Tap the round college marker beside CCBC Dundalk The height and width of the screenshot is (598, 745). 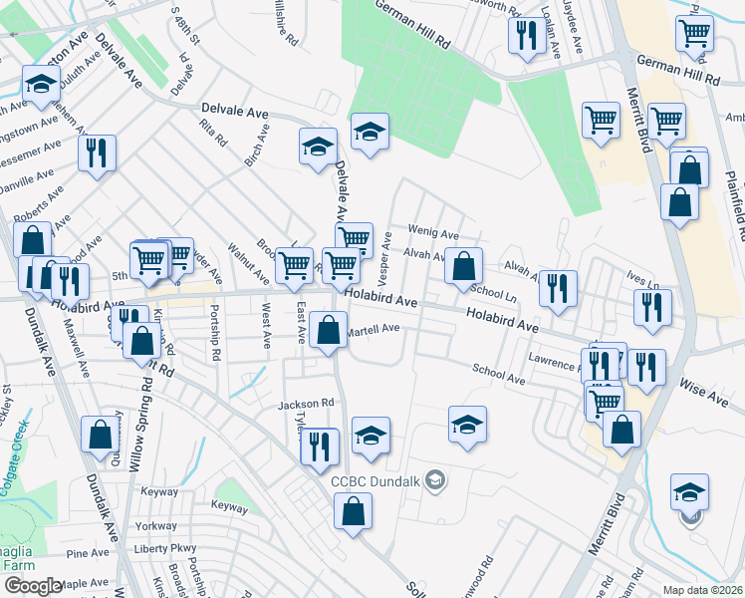click(x=434, y=481)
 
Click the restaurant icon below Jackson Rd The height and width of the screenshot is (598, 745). click(x=320, y=446)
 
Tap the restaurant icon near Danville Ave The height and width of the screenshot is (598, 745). click(x=97, y=153)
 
